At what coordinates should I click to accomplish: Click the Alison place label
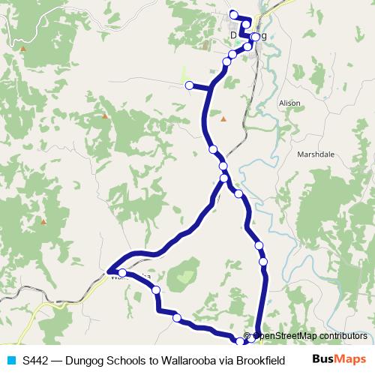pos(289,103)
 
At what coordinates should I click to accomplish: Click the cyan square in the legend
pos(10,359)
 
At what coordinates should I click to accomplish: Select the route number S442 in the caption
pos(36,359)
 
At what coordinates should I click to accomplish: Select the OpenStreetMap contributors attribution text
pos(310,335)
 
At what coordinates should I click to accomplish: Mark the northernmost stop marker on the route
pos(233,13)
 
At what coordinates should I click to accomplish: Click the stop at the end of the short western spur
pos(189,85)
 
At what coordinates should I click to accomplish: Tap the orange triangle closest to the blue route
pos(223,118)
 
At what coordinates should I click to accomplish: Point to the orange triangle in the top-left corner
pos(23,49)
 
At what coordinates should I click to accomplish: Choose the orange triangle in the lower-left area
pos(43,221)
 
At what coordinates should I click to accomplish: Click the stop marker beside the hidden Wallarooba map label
pos(122,273)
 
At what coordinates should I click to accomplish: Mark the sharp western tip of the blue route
pos(109,271)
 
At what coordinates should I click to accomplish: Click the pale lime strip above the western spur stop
pos(184,74)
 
